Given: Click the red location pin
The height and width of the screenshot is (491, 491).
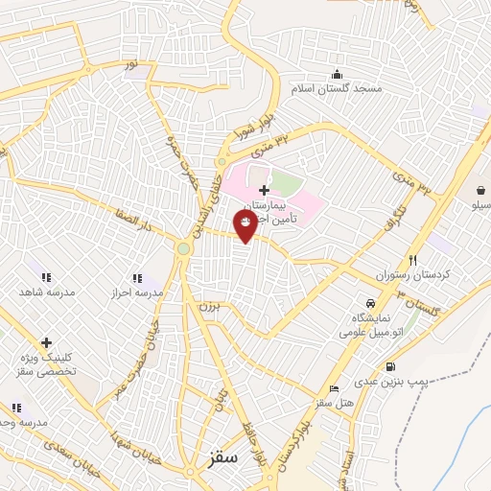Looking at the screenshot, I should click(x=245, y=224).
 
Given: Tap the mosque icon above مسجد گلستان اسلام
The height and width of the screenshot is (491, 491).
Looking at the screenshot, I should click(x=336, y=75).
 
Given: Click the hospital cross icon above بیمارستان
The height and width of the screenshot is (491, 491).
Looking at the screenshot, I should click(x=264, y=190).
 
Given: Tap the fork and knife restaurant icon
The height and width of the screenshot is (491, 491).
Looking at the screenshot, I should click(x=413, y=260).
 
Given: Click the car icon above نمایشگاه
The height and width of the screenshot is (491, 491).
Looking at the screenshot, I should click(x=357, y=303).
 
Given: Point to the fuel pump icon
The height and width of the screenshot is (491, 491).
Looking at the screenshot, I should click(x=389, y=367).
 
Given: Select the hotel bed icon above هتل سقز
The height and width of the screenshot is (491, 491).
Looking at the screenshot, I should click(x=334, y=387).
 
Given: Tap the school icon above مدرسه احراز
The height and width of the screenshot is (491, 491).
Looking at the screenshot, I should click(x=137, y=278).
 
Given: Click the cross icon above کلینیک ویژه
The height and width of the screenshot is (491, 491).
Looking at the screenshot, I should click(x=45, y=342).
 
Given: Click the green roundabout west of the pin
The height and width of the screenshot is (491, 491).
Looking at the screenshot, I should click(x=182, y=249).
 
